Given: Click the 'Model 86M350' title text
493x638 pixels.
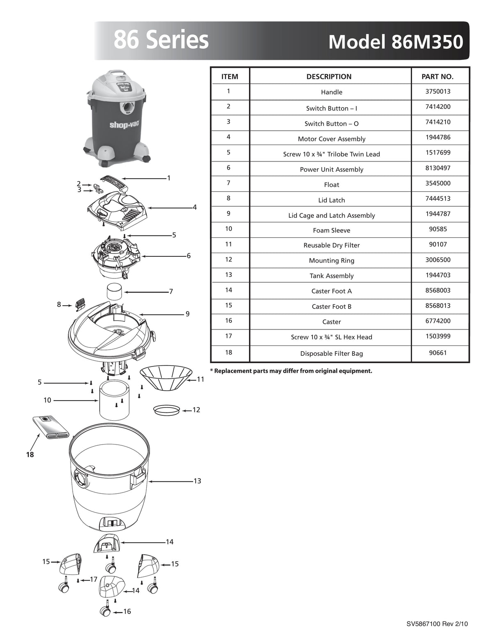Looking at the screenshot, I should [x=395, y=42].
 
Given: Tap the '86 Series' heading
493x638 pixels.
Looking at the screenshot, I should [x=161, y=40].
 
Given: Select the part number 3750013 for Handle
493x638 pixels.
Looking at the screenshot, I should [x=438, y=91].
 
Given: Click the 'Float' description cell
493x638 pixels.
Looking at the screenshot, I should [x=331, y=184].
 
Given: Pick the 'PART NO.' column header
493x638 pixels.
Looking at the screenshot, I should [x=438, y=76].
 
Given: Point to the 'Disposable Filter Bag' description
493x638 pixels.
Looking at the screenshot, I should [x=331, y=353].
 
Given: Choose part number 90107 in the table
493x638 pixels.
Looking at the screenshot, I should [x=438, y=244].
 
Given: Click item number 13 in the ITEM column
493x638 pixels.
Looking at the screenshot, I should [x=228, y=275].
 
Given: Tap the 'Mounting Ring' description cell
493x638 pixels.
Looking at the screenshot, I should [x=331, y=260].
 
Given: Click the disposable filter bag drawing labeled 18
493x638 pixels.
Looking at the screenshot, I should [x=51, y=427].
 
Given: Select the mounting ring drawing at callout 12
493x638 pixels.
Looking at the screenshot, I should [x=166, y=410].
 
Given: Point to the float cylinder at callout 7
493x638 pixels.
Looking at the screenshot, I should [x=114, y=292].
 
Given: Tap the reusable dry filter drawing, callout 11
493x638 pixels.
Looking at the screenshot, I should [x=166, y=378].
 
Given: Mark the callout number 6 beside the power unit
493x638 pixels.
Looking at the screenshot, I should [x=189, y=256].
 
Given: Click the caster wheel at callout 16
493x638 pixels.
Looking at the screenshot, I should [x=105, y=612].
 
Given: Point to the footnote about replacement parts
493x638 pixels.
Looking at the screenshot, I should [x=291, y=371].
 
